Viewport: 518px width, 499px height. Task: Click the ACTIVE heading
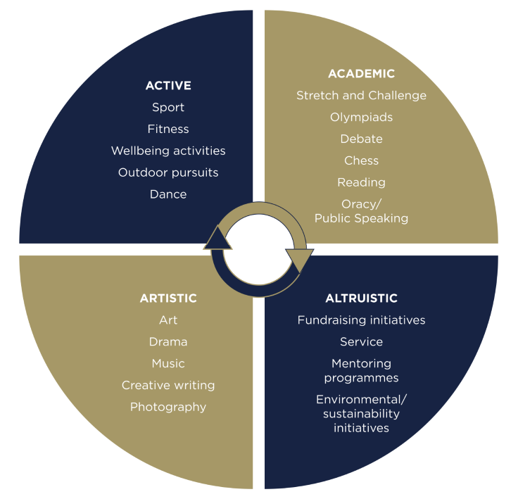[168, 86]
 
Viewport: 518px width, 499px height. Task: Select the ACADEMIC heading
[361, 74]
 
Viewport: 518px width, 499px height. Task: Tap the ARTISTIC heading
[168, 298]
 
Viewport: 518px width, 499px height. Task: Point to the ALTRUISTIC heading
[361, 298]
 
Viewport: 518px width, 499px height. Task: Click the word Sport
[168, 108]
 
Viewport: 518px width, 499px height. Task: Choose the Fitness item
[168, 130]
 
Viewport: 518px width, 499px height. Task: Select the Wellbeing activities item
[168, 151]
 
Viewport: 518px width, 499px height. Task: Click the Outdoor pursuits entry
[168, 172]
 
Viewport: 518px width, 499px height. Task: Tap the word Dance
[168, 194]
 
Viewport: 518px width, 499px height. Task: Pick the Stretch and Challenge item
[361, 96]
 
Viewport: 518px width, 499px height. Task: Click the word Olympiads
[361, 118]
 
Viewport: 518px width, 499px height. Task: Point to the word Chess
[361, 161]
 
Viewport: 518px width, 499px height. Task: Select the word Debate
[361, 139]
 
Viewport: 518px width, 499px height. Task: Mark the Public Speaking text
[361, 218]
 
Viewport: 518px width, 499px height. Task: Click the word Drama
[168, 342]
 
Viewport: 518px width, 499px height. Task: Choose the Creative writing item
[168, 385]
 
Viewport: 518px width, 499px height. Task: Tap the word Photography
[168, 407]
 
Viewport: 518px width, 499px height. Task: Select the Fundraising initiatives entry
[361, 320]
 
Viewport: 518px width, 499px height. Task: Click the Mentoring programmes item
[361, 371]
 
